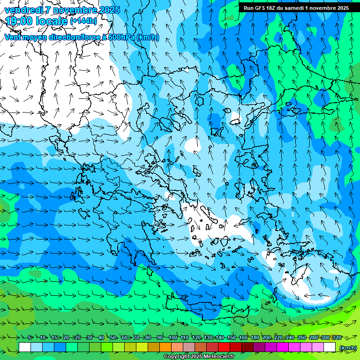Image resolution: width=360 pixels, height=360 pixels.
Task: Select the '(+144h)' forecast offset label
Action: click(x=83, y=21)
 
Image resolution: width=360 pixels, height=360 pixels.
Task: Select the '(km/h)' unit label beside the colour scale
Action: click(x=347, y=347)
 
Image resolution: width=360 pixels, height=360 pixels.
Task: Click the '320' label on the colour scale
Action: click(x=337, y=337)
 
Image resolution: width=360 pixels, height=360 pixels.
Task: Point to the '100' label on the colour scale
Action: click(x=173, y=337)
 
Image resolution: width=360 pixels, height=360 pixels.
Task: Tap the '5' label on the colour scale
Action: click(x=30, y=337)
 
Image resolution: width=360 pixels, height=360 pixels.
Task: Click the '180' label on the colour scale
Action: click(x=255, y=337)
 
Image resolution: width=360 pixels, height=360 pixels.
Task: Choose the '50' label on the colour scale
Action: click(x=113, y=337)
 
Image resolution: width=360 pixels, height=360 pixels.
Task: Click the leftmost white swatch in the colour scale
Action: click(x=25, y=347)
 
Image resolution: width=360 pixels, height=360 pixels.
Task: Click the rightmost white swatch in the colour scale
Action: click(x=330, y=347)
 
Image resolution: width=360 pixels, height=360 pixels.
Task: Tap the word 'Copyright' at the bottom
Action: click(x=176, y=357)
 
